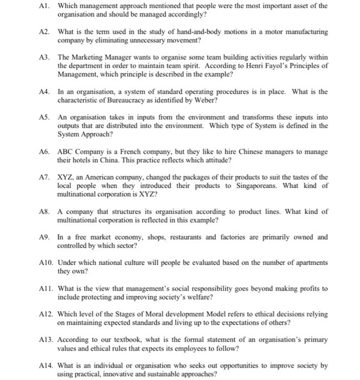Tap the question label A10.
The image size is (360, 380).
pos(47,262)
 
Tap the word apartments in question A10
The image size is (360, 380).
pos(308,262)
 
